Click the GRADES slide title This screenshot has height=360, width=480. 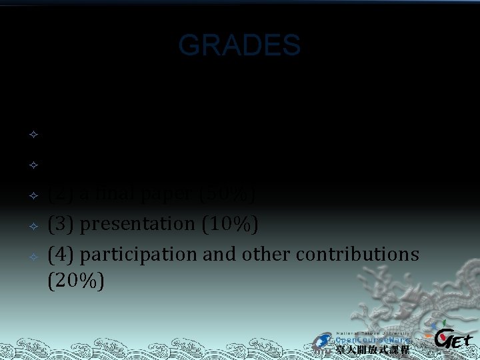[x=239, y=45]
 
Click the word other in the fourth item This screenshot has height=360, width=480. [x=272, y=254]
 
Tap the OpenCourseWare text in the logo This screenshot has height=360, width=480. [x=373, y=340]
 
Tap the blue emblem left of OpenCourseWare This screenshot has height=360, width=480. [x=324, y=341]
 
